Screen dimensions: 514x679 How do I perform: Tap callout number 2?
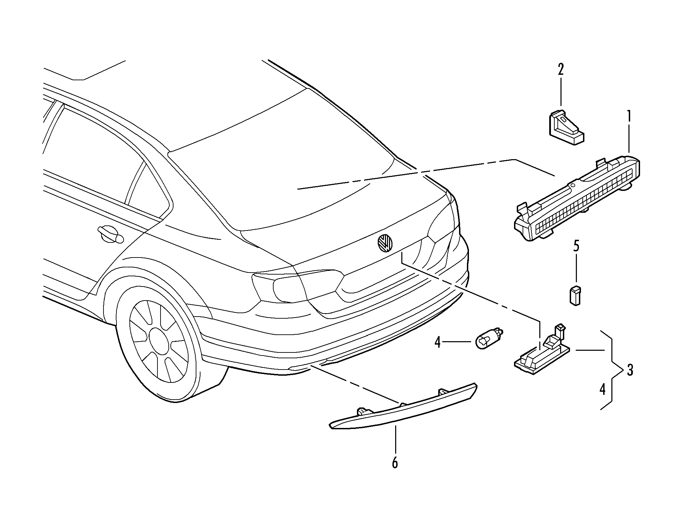tap(560, 70)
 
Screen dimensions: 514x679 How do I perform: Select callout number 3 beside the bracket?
tap(629, 370)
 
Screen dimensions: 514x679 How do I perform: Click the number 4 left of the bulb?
tap(438, 342)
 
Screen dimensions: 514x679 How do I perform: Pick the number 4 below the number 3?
tap(602, 389)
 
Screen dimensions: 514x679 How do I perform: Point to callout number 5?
tap(576, 246)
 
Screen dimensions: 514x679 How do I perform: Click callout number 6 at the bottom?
tap(395, 462)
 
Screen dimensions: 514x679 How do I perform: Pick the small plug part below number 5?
tap(576, 295)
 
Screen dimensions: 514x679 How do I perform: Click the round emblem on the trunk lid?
tap(385, 242)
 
